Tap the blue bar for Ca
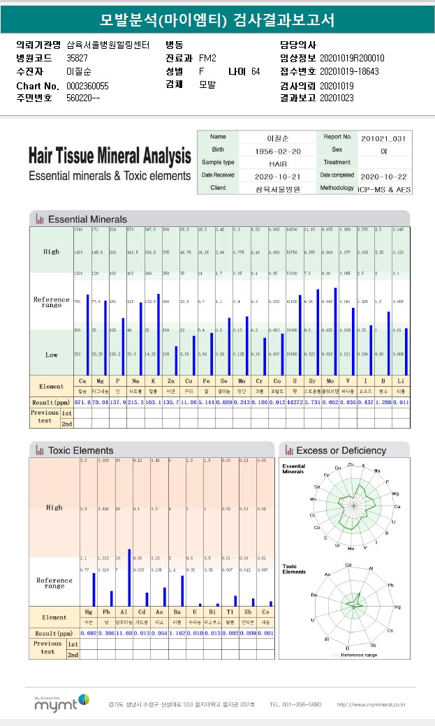pyautogui.click(x=88, y=335)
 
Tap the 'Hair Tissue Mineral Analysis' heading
pyautogui.click(x=110, y=155)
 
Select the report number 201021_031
pyautogui.click(x=383, y=138)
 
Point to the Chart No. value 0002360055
pyautogui.click(x=87, y=85)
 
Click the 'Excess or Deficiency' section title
pyautogui.click(x=341, y=451)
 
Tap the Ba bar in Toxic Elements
pyautogui.click(x=182, y=591)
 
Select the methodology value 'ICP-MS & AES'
pyautogui.click(x=385, y=189)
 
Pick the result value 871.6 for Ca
pyautogui.click(x=81, y=403)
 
